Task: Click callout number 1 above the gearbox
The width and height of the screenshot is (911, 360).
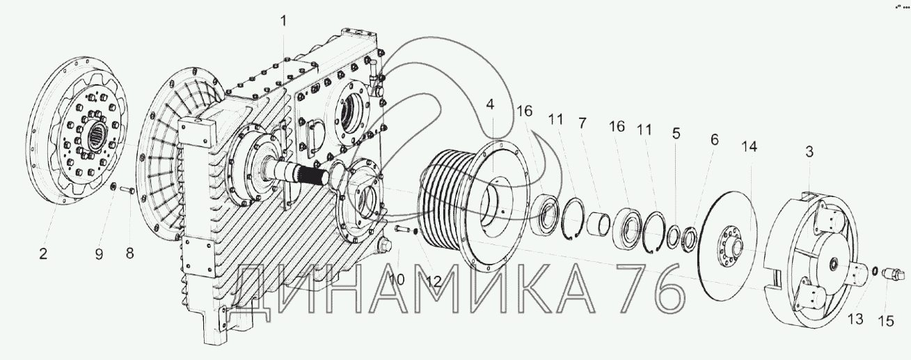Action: point(284,20)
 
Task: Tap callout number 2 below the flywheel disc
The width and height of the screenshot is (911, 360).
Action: point(44,254)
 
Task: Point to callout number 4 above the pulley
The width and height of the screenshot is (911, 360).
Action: point(490,104)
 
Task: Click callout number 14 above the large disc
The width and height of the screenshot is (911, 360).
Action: point(750,146)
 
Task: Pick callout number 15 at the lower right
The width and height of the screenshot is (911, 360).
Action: point(887,321)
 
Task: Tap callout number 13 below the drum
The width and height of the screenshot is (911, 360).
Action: point(855,318)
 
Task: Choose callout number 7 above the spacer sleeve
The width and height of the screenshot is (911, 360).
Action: point(583,123)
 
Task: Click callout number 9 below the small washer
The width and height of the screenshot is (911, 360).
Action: point(99,254)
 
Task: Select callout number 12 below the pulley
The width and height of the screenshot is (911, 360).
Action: point(434,281)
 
